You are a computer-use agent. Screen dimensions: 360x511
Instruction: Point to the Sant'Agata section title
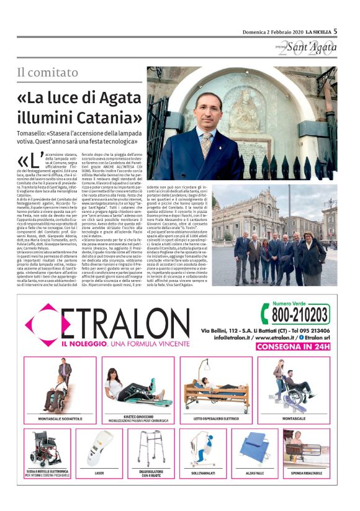tap(307, 47)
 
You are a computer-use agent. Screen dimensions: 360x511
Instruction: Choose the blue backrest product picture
tap(256, 448)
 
